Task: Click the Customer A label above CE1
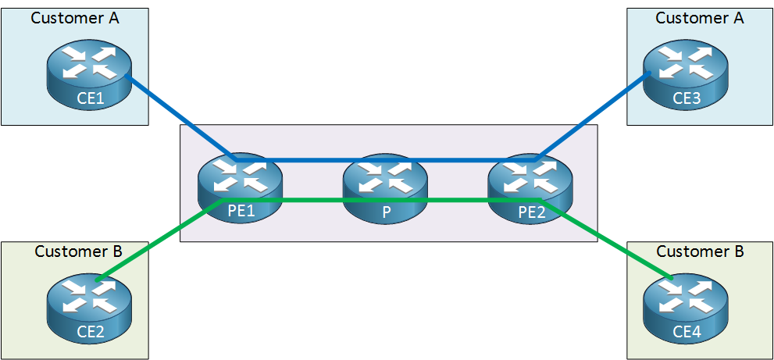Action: coord(75,18)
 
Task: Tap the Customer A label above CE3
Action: coord(699,18)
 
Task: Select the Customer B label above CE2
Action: coord(78,251)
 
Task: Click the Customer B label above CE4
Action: coord(700,251)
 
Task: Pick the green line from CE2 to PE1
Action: coord(160,239)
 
